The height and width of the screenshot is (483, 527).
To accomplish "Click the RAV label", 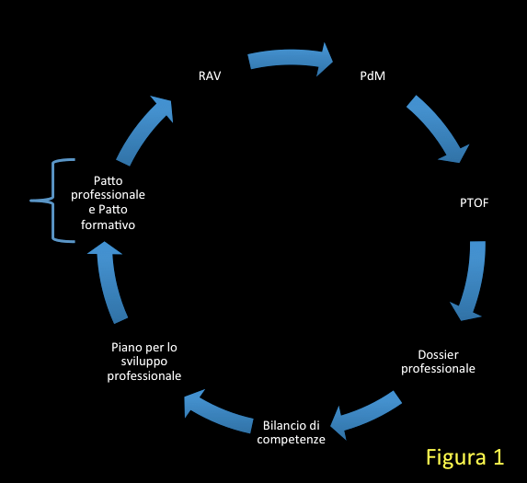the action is (210, 76).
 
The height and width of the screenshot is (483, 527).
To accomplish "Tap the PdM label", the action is (372, 76).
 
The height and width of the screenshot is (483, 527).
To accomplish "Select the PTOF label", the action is (474, 203).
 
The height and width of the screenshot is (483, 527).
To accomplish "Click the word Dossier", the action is (438, 354).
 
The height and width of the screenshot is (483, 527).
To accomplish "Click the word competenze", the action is (291, 440).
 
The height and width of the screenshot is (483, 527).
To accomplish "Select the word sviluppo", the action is (144, 362).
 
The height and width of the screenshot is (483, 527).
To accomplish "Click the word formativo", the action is (108, 224).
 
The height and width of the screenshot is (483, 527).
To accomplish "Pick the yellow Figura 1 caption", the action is (465, 457).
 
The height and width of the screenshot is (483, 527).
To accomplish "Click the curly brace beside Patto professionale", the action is (52, 201).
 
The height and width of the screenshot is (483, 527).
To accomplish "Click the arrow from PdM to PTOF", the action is (438, 127).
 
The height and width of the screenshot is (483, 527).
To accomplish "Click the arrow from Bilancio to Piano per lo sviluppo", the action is (219, 412).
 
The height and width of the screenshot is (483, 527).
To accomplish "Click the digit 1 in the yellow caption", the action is (498, 456).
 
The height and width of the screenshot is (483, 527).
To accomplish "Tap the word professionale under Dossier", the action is (438, 369).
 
